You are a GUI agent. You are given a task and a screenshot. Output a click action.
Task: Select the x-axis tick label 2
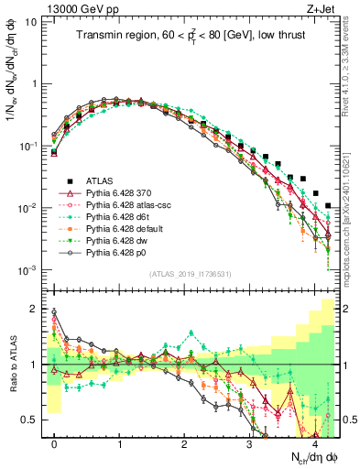184,442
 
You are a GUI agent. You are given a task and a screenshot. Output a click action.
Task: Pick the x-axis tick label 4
314,442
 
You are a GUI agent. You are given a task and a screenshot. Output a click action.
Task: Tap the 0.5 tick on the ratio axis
32,420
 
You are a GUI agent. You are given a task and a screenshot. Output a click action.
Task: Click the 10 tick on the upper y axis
30,21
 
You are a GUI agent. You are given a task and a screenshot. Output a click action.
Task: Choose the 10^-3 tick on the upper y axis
27,270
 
